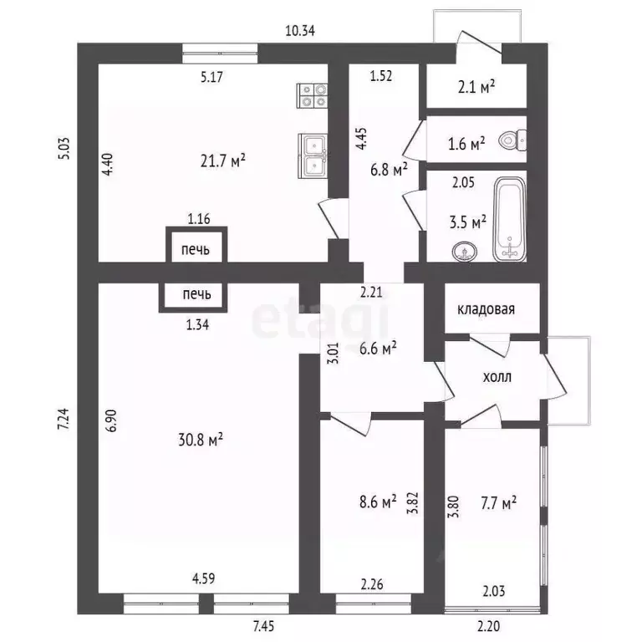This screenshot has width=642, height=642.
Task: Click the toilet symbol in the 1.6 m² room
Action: (x=513, y=140)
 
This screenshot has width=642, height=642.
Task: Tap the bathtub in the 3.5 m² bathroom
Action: (x=509, y=220)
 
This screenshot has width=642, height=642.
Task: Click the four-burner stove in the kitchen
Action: (x=312, y=96)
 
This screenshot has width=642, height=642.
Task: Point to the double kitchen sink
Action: (x=313, y=156)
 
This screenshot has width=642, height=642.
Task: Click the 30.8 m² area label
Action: (x=201, y=440)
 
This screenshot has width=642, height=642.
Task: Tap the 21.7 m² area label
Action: (x=222, y=160)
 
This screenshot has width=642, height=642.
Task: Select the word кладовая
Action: (x=486, y=309)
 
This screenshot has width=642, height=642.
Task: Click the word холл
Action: (x=497, y=377)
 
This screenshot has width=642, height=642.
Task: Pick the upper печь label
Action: (x=196, y=249)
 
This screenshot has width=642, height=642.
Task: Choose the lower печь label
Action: (x=197, y=294)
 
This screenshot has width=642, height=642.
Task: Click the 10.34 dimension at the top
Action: (x=300, y=31)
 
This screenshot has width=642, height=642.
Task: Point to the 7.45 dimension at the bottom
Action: (x=263, y=626)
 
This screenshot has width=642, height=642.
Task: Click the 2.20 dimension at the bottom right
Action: (x=488, y=626)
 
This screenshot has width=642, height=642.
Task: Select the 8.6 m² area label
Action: (x=378, y=502)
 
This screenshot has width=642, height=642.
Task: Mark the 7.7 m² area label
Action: (x=498, y=502)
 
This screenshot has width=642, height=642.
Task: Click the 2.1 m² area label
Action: (x=476, y=87)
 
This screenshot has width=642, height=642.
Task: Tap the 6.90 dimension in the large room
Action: (x=113, y=420)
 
